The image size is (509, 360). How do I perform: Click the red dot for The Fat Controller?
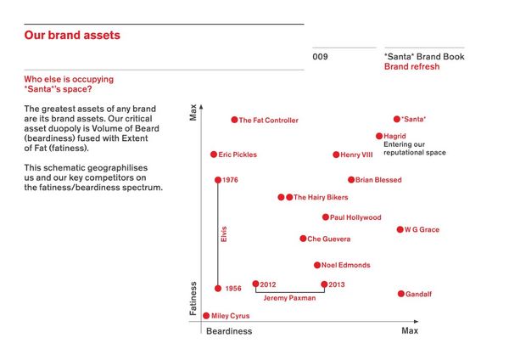point(234,120)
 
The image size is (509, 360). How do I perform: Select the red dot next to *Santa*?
point(396,119)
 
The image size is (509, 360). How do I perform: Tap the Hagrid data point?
point(379,136)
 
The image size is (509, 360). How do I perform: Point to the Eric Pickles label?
point(238,155)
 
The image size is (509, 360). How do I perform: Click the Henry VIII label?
point(356,155)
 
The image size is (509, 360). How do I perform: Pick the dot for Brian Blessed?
point(351,180)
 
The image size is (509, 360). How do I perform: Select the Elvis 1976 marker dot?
point(218,180)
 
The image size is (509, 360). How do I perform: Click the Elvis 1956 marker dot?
point(218,289)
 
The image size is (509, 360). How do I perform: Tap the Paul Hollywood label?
point(355,217)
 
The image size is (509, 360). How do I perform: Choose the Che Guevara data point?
point(303,239)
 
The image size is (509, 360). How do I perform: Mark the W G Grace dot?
point(400,229)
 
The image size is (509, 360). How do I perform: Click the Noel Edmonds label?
point(345,265)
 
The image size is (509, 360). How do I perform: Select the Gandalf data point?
point(400,294)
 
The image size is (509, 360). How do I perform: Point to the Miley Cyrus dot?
point(206,316)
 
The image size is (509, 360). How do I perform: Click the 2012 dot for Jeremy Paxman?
point(255,284)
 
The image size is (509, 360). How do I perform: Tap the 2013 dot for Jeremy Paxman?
point(324,284)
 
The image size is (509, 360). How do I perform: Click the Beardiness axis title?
point(229,330)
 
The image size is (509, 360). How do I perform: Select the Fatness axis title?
point(193,299)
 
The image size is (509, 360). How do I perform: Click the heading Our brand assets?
point(72,36)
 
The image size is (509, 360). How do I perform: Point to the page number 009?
point(320,57)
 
